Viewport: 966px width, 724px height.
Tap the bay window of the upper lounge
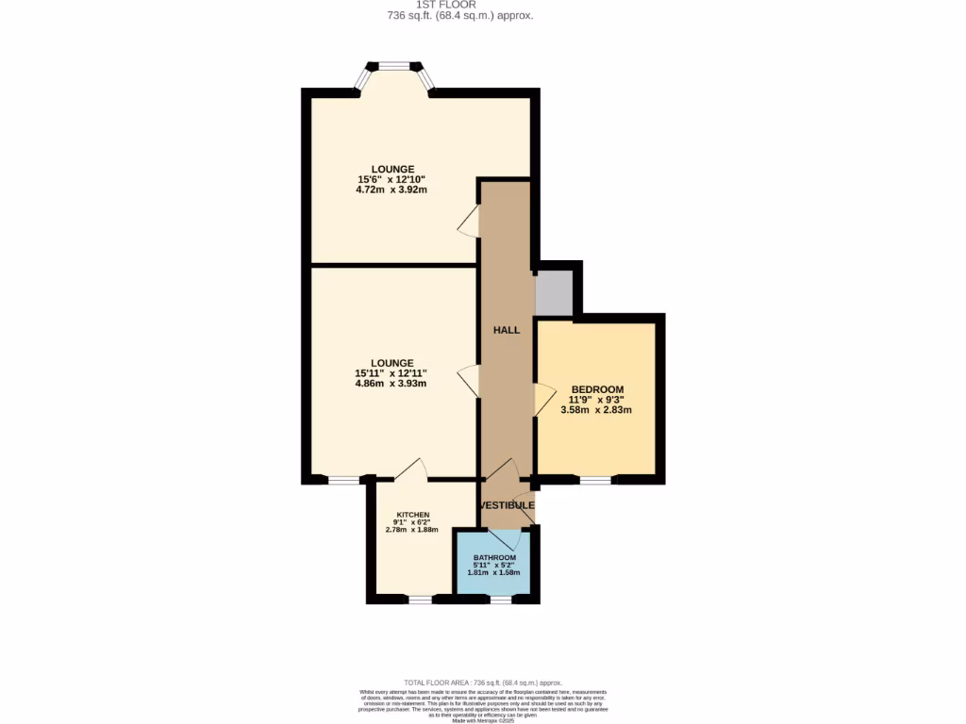394,68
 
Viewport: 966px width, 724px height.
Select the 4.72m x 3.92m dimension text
392,189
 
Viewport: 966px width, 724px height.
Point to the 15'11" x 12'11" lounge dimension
391,373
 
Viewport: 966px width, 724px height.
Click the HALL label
508,330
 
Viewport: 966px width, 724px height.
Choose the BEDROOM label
597,389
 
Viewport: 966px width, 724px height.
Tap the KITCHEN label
412,515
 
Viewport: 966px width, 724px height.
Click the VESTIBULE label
508,505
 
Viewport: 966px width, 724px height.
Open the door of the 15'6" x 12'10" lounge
469,221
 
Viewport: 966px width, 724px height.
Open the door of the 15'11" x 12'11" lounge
469,382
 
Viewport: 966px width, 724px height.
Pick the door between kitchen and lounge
411,469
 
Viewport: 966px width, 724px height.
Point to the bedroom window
594,481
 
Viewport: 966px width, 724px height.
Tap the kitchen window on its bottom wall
421,599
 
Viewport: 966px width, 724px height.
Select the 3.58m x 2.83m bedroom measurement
595,410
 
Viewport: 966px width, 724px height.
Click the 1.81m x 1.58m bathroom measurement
493,573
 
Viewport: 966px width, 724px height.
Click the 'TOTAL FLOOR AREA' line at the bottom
483,683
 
